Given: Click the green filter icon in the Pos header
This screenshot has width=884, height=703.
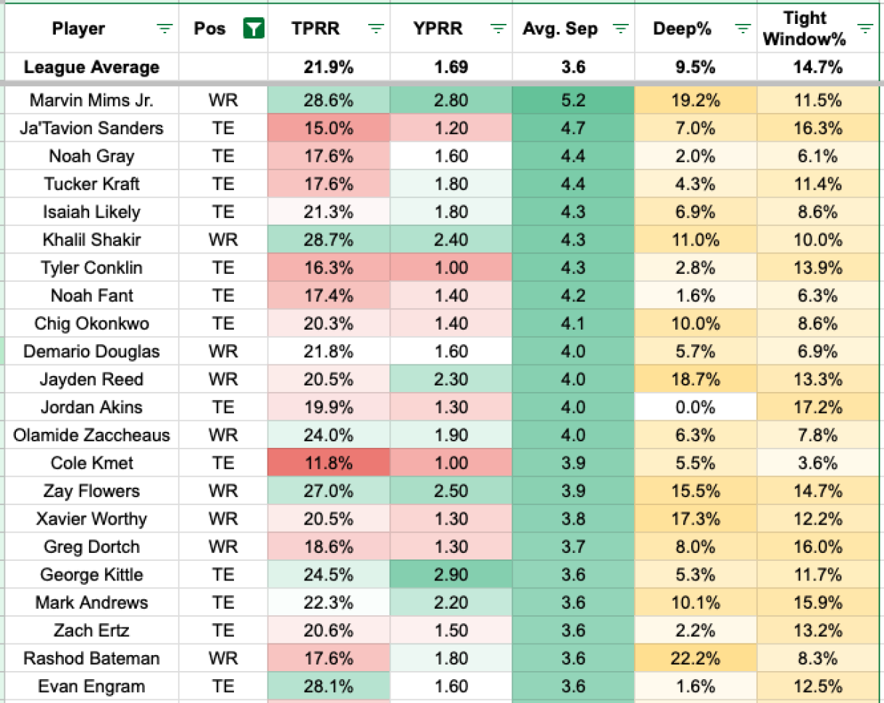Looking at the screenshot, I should point(254,29).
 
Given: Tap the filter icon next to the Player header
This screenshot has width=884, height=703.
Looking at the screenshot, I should point(165,29).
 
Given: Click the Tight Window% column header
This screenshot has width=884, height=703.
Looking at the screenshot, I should point(804,29).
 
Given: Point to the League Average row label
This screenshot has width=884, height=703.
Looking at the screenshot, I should point(91,67).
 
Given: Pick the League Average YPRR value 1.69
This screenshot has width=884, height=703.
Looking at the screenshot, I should point(451,67).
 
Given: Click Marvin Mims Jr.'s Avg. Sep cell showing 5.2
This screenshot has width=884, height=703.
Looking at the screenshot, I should point(572,100).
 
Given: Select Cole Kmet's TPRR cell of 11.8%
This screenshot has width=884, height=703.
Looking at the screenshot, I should point(328,463).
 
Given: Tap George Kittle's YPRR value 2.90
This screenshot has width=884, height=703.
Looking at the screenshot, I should point(451,575).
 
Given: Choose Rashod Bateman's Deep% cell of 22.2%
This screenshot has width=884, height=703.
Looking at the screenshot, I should point(696,659).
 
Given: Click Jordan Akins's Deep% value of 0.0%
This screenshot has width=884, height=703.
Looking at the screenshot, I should point(696,407).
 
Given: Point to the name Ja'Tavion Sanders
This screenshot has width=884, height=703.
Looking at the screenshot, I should point(91,128).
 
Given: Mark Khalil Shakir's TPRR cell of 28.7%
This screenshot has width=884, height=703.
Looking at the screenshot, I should point(328,240).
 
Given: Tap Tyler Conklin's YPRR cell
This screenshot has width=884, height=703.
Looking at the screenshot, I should point(451,267).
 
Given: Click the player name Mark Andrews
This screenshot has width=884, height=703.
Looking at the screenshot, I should point(91,603).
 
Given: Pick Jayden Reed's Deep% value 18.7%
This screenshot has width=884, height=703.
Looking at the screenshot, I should point(696,380).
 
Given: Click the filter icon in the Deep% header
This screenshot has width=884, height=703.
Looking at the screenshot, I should point(742,29).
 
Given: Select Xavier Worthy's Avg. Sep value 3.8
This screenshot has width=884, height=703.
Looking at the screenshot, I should point(572,519).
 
